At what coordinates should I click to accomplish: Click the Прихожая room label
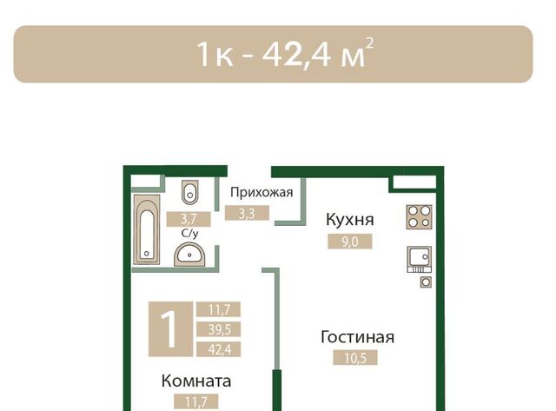(261, 193)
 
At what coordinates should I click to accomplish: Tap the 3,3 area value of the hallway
(247, 214)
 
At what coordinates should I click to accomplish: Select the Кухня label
(350, 220)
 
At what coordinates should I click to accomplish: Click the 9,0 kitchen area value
(350, 242)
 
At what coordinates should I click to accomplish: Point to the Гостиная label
(357, 337)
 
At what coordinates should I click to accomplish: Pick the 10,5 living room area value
(355, 358)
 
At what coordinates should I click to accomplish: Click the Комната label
(196, 381)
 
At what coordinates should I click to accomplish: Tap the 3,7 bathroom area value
(189, 219)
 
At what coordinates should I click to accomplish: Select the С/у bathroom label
(189, 234)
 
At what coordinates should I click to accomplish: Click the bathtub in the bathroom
(147, 229)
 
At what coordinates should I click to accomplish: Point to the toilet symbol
(190, 192)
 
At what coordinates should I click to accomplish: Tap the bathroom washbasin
(189, 254)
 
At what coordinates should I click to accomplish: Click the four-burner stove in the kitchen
(419, 216)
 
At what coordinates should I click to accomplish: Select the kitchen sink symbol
(419, 259)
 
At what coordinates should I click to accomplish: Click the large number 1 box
(170, 328)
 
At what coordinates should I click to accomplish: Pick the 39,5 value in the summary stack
(219, 329)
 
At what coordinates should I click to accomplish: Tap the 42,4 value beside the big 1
(219, 349)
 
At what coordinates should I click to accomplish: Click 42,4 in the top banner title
(296, 54)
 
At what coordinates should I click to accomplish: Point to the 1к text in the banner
(215, 55)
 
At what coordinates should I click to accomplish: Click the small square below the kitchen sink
(427, 282)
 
